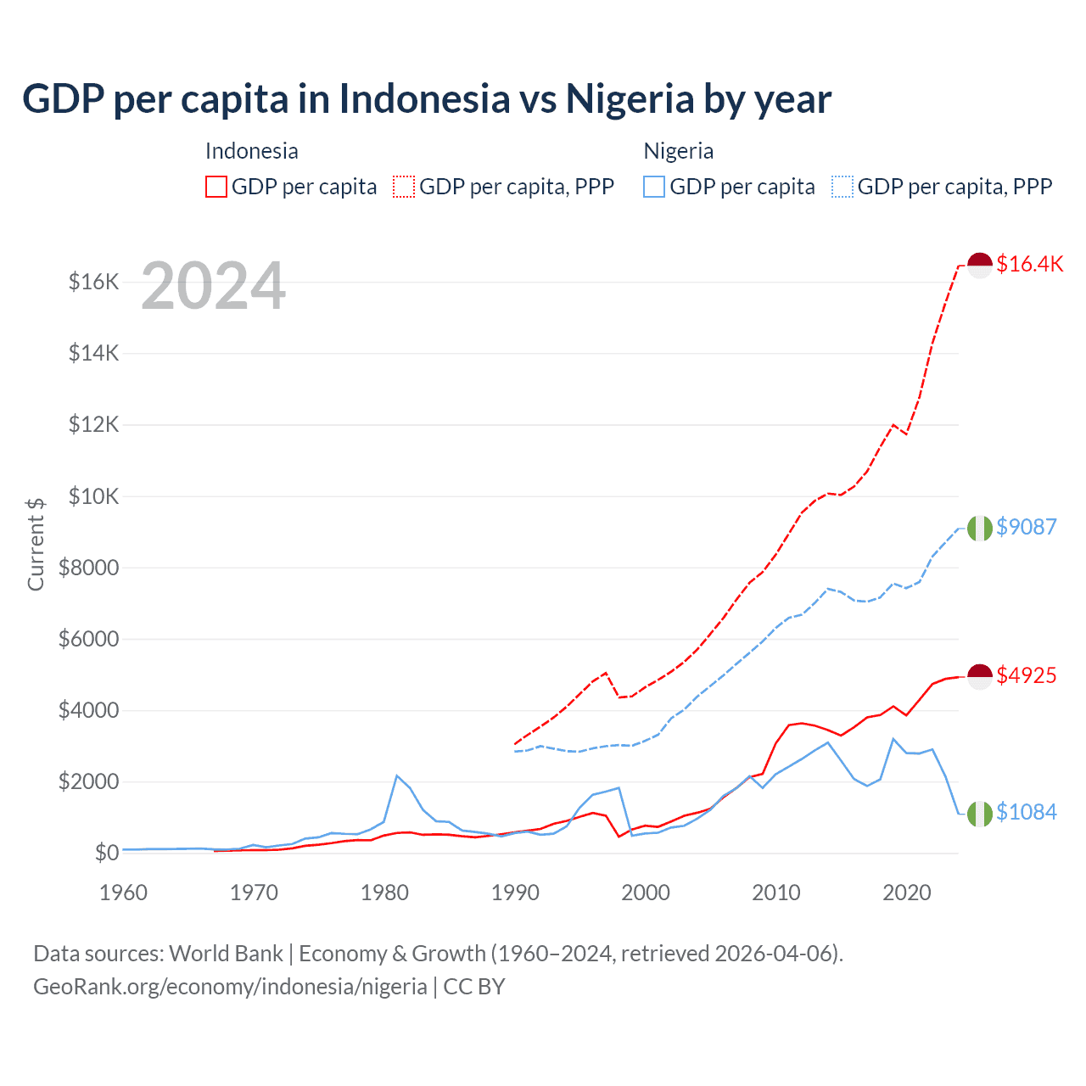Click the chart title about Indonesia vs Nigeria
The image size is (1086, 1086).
coord(427,98)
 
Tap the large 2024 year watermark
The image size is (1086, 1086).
coord(213,286)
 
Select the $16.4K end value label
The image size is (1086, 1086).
coord(1029,264)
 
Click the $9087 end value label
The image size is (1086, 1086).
coord(1026,527)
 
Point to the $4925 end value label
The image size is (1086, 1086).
coord(1026,675)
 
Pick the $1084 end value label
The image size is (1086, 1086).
coord(1026,812)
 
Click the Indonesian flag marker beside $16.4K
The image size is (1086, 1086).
coord(980,265)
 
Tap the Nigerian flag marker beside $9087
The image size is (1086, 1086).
coord(980,528)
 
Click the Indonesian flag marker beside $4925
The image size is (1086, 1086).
coord(980,676)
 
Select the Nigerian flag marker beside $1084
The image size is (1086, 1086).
coord(980,813)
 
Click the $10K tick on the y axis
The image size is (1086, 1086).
coord(94,496)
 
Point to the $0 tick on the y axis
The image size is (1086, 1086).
coord(106,853)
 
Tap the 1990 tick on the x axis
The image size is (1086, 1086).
coord(515,893)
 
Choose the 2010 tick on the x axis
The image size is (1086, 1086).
coord(776,893)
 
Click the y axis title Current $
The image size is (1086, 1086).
coord(36,544)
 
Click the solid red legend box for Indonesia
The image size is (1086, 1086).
coord(216,187)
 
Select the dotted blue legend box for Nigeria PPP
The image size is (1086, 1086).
coord(842,187)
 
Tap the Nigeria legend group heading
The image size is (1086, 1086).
coord(678,151)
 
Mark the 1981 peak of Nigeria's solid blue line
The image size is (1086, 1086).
coord(397,775)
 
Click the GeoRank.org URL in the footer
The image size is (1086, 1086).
coord(230,987)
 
